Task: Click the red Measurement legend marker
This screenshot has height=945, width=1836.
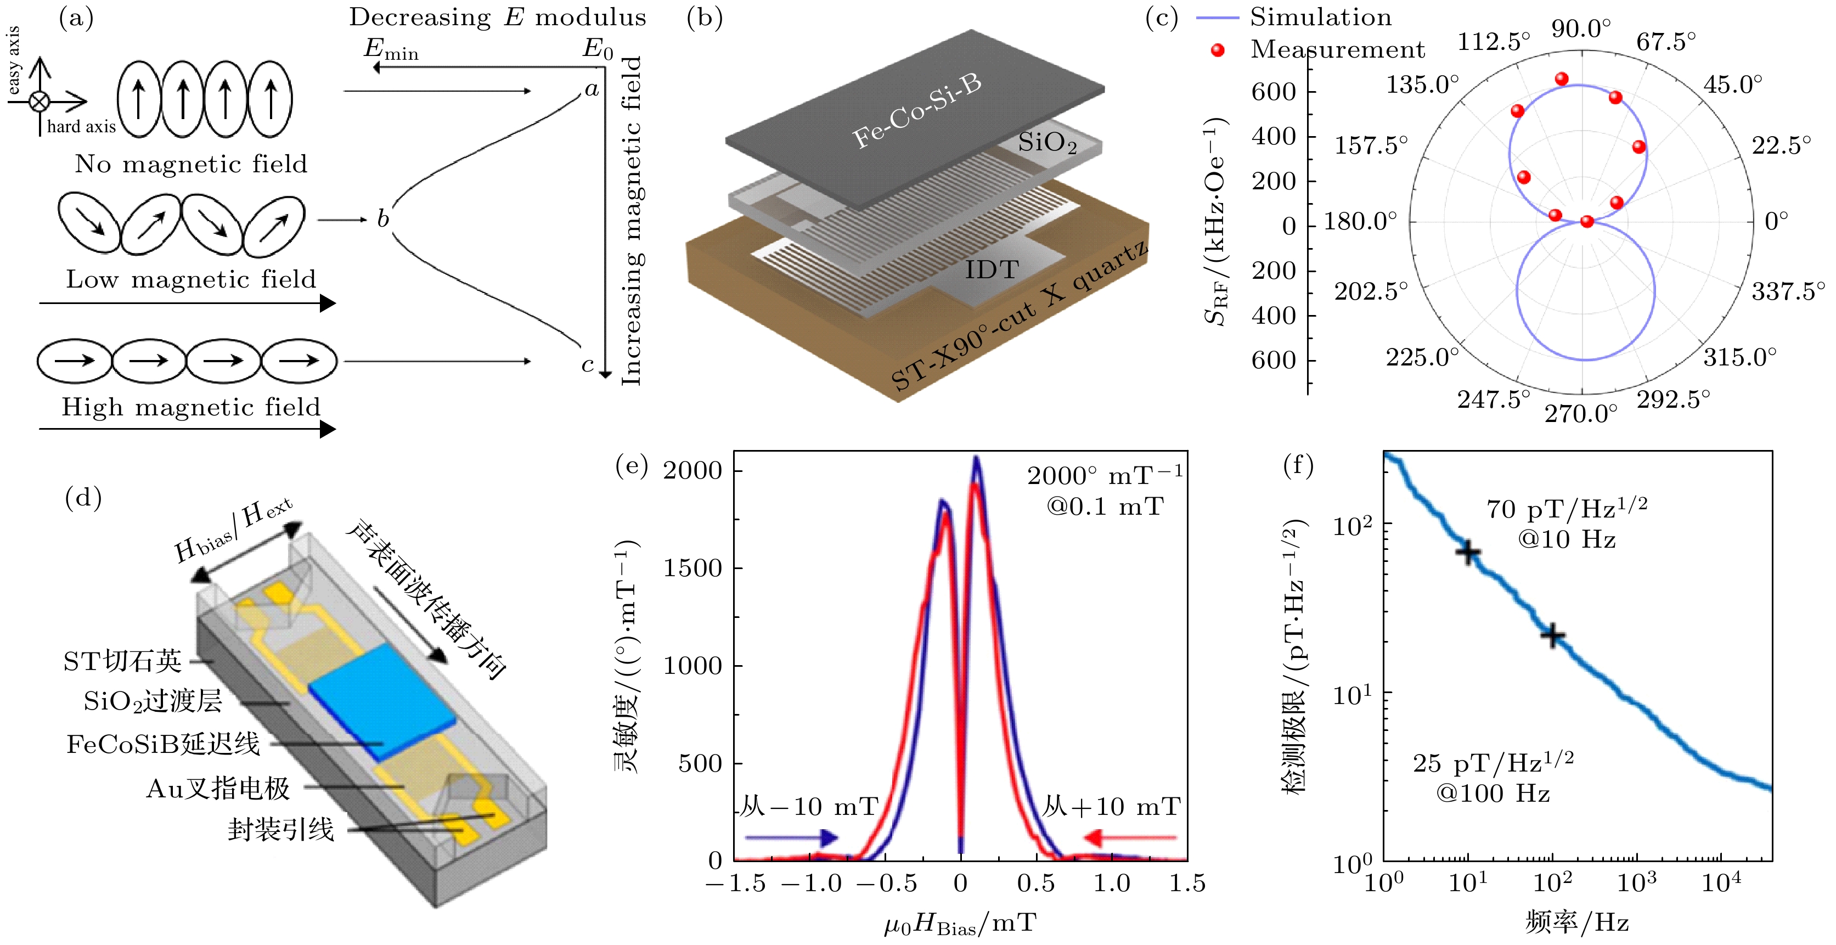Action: pos(1218,50)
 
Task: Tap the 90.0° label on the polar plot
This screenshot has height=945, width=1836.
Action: pos(1581,29)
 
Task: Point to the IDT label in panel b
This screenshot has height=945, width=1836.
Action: pos(992,270)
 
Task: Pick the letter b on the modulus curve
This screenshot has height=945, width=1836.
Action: pos(384,219)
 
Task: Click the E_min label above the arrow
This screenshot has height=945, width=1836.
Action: pos(391,48)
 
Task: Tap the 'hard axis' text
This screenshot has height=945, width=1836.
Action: pos(81,127)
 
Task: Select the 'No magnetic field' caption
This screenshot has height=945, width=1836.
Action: pos(191,164)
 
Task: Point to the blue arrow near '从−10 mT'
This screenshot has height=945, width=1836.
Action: pos(791,838)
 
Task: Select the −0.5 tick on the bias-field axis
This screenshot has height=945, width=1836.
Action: pos(887,884)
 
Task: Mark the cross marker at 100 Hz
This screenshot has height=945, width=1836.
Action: pos(1553,635)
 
